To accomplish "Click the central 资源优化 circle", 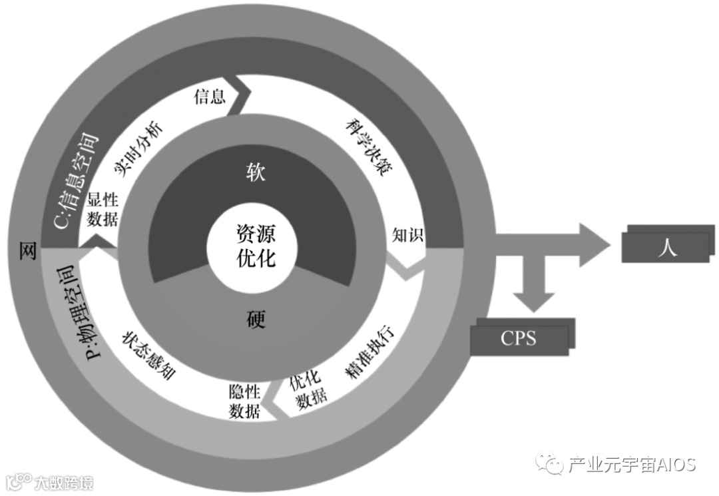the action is click(256, 245).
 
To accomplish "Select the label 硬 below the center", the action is click(255, 320).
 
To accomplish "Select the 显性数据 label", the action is click(103, 210).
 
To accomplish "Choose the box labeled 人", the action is click(668, 248).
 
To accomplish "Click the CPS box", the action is click(519, 338).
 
